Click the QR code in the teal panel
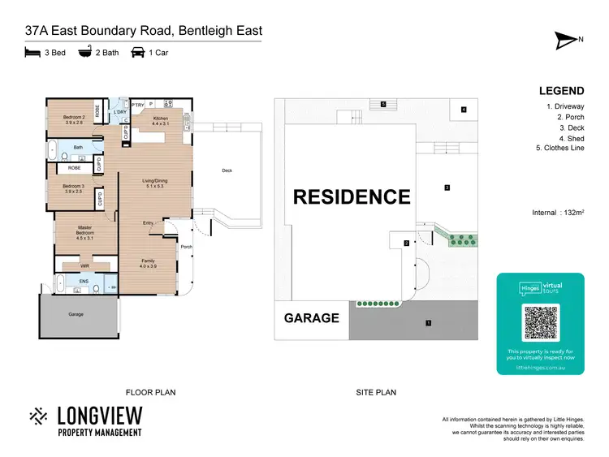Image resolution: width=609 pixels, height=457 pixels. [x=540, y=323]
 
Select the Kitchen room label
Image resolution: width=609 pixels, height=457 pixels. [x=161, y=121]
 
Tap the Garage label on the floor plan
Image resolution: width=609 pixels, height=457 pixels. [x=76, y=313]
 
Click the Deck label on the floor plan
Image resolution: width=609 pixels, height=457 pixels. [x=227, y=170]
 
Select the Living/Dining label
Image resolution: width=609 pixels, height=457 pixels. [x=154, y=183]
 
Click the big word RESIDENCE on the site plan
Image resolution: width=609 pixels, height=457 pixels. [x=352, y=196]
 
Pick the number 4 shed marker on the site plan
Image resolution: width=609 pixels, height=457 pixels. [x=464, y=110]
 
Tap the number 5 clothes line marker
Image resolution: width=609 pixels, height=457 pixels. [x=382, y=104]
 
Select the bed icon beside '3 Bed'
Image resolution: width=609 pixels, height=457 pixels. [x=32, y=52]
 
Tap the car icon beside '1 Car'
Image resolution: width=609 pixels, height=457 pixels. [x=138, y=52]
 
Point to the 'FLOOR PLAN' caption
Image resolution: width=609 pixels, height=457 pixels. [x=150, y=392]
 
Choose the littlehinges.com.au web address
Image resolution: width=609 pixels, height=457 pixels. [x=540, y=368]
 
